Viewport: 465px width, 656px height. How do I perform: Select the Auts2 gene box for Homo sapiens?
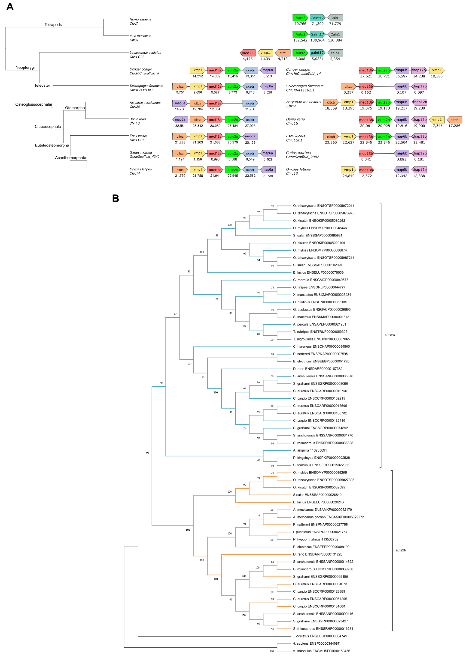(300, 18)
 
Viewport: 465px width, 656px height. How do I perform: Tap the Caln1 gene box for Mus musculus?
(335, 34)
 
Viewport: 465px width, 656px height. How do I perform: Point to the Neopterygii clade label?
(25, 68)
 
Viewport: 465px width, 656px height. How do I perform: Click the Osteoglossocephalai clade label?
(33, 104)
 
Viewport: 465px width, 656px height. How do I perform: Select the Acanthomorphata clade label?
(70, 158)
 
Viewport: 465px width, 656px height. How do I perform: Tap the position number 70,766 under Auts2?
(300, 24)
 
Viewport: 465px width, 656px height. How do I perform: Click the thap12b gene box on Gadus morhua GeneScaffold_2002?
(419, 153)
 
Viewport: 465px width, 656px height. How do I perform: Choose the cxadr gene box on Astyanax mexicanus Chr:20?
(250, 103)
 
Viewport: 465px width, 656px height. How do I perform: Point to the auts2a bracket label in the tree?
(389, 335)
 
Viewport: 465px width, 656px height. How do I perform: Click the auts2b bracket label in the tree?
(401, 550)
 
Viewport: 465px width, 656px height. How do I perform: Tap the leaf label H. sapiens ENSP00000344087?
(316, 643)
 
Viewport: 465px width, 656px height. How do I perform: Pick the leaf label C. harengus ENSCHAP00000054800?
(321, 346)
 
